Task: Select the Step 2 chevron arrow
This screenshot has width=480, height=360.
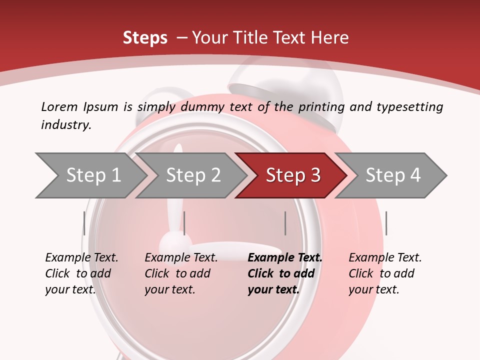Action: pos(192,175)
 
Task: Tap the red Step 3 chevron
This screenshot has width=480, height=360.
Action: pos(292,175)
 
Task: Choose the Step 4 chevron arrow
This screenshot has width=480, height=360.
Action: pos(392,175)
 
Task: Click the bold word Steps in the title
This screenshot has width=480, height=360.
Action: pos(145,37)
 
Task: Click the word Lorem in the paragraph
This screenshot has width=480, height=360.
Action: pos(59,106)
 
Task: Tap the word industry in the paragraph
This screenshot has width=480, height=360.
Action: pos(66,124)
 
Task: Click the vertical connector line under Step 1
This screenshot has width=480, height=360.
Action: pos(84,223)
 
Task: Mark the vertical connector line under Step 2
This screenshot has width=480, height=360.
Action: pos(184,223)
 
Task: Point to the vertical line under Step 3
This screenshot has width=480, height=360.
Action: pos(285,223)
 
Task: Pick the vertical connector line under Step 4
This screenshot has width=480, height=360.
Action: pos(386,223)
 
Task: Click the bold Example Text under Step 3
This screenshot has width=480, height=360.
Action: pos(285,258)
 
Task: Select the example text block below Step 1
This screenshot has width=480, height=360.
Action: pos(81,273)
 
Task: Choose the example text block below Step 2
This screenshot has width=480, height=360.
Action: pos(181,273)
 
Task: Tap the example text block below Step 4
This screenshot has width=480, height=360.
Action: pos(385,273)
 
